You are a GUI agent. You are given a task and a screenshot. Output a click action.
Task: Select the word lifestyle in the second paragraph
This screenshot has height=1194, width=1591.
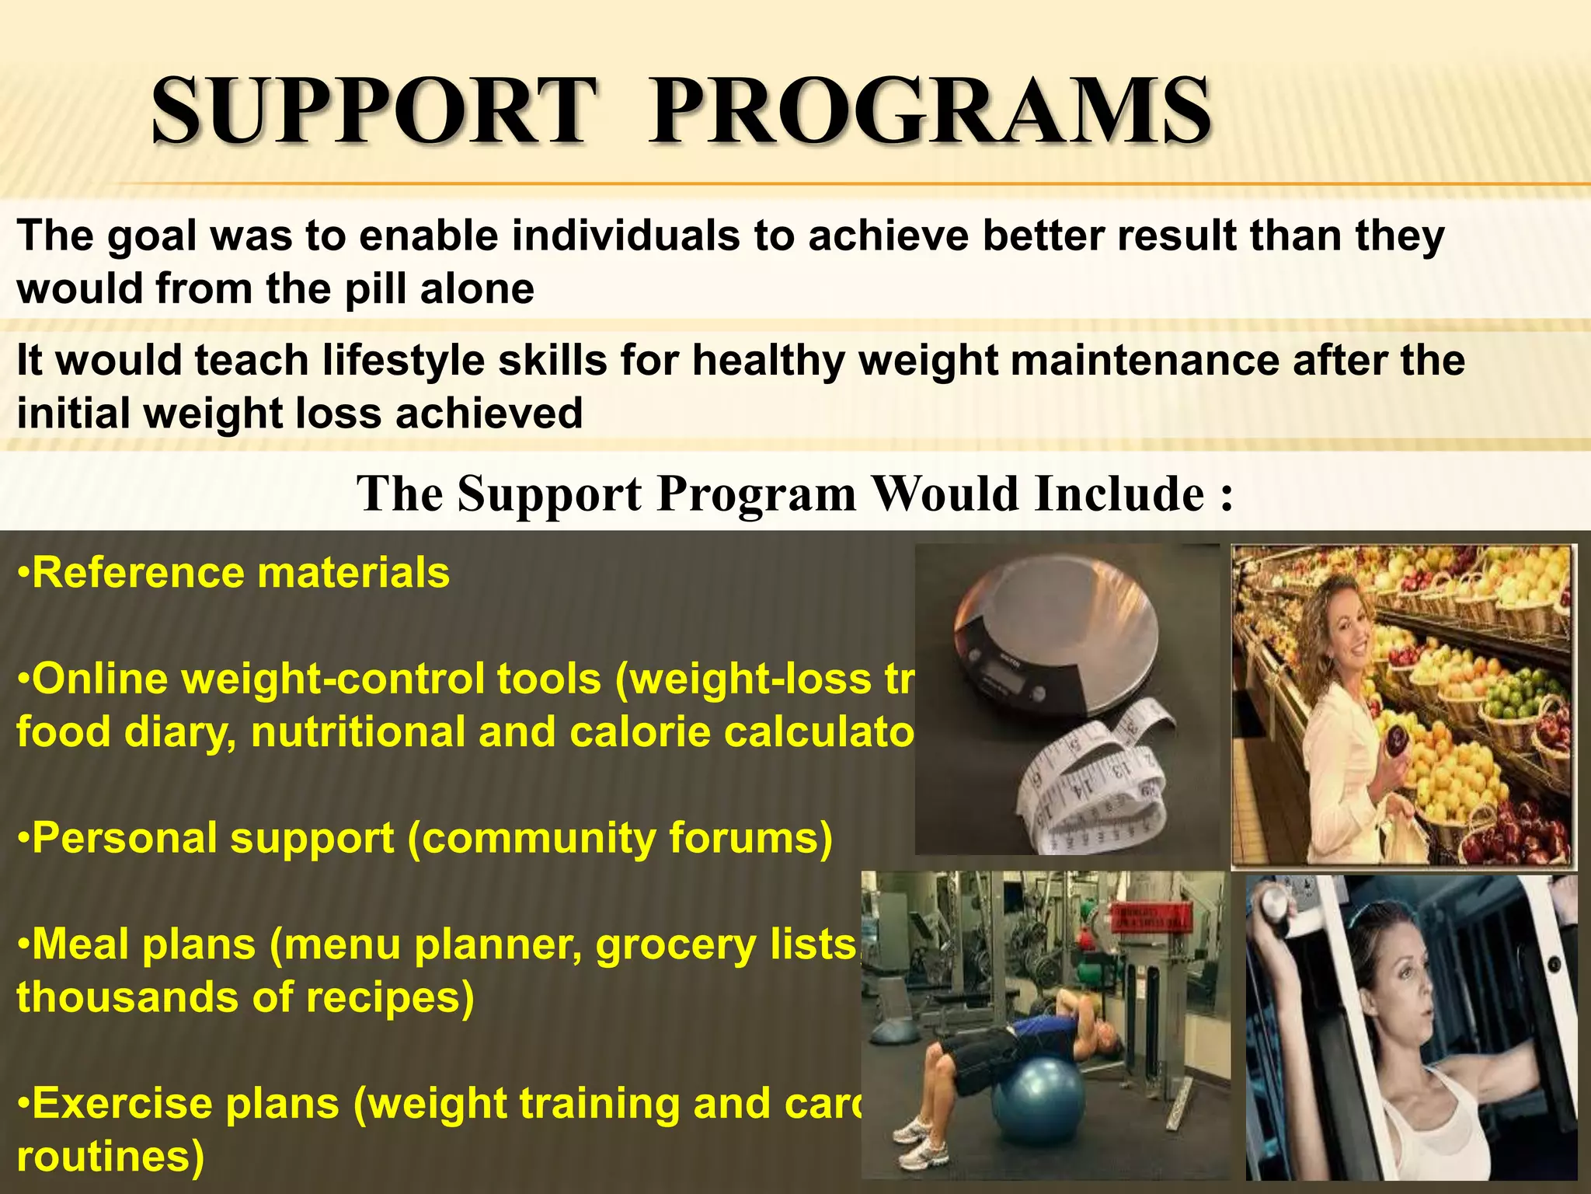pos(403,361)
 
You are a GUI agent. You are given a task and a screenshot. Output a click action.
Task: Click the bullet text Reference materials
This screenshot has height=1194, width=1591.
pos(233,573)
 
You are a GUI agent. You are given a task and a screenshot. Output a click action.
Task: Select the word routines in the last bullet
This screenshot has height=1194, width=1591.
pos(110,1156)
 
